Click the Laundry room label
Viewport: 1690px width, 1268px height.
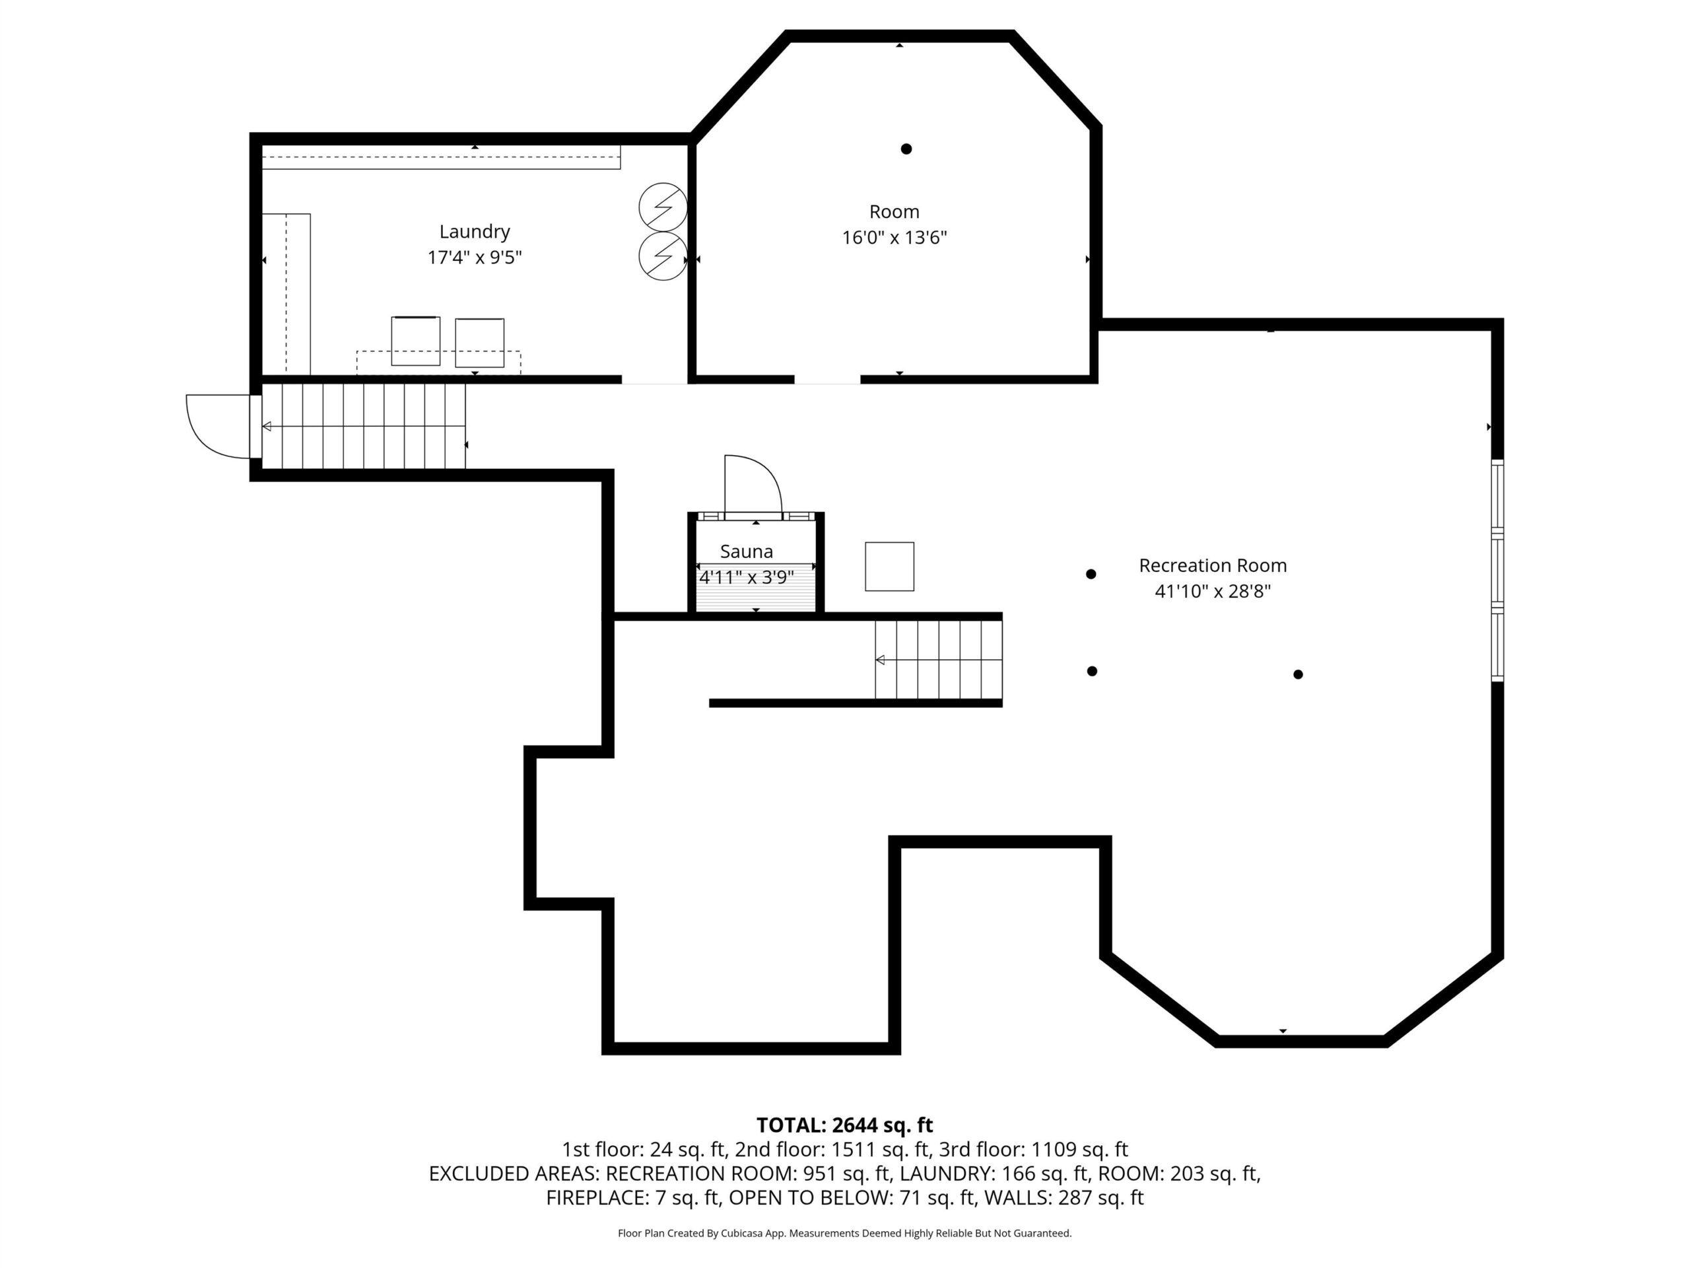click(x=475, y=232)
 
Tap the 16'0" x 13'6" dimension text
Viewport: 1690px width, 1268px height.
click(x=894, y=238)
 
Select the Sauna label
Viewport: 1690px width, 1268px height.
click(x=747, y=551)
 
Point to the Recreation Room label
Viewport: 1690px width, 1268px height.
click(x=1213, y=565)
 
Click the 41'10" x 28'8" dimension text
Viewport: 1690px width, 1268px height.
click(x=1213, y=591)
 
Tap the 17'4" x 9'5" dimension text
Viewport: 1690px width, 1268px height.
click(x=475, y=257)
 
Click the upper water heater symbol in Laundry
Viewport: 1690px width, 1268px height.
click(x=662, y=206)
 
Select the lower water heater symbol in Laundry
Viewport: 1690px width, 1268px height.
click(x=662, y=256)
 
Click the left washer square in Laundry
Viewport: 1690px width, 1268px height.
click(x=416, y=341)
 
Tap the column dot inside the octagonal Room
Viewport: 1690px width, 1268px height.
click(x=906, y=149)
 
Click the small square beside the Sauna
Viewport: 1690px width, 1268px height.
click(x=889, y=567)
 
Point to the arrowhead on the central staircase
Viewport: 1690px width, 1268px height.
click(x=880, y=660)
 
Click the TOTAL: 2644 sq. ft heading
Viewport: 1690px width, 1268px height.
click(x=844, y=1125)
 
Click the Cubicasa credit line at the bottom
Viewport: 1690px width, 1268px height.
click(x=844, y=1233)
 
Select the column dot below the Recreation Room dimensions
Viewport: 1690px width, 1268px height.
click(x=1298, y=674)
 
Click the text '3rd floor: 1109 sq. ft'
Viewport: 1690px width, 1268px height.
click(x=1079, y=1150)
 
